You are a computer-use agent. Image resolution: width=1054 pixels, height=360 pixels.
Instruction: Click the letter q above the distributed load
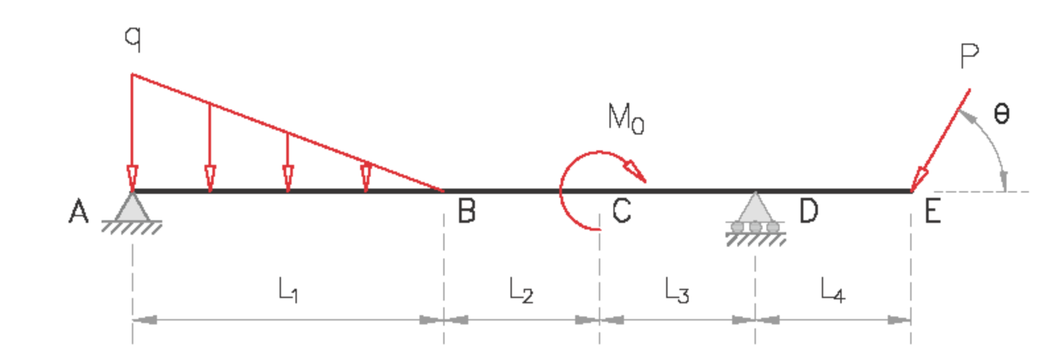tap(133, 38)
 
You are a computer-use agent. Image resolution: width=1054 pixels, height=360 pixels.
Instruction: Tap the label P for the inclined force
tap(969, 57)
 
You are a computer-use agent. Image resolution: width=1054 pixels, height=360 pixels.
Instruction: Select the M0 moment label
tap(625, 119)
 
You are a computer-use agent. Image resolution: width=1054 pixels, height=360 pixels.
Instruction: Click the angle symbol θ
tap(1001, 115)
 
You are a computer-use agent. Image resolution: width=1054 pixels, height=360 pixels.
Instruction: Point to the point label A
tap(78, 212)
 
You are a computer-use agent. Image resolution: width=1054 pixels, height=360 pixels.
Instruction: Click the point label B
tap(466, 212)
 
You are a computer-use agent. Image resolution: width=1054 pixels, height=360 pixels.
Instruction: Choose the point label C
tap(621, 212)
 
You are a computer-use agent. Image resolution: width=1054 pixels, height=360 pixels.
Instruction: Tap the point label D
tap(809, 212)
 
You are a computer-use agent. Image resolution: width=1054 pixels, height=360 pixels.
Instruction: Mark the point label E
tap(932, 212)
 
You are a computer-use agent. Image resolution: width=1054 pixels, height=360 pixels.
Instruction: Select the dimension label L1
tap(288, 289)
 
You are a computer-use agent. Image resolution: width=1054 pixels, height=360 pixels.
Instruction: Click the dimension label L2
tap(521, 290)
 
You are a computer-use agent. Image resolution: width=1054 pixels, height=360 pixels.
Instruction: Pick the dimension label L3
tap(677, 290)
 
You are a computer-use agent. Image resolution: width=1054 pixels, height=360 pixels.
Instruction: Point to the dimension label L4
tap(832, 290)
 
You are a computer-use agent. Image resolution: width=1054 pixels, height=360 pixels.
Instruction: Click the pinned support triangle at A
tap(133, 207)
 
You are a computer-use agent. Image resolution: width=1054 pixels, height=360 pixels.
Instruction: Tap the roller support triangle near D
tap(755, 208)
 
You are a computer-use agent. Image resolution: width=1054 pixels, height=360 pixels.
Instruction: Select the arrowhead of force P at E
tap(919, 179)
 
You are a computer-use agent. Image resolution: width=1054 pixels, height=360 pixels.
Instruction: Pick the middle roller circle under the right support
tap(756, 227)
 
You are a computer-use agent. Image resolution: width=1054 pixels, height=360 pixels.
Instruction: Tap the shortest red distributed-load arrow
tap(366, 177)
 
